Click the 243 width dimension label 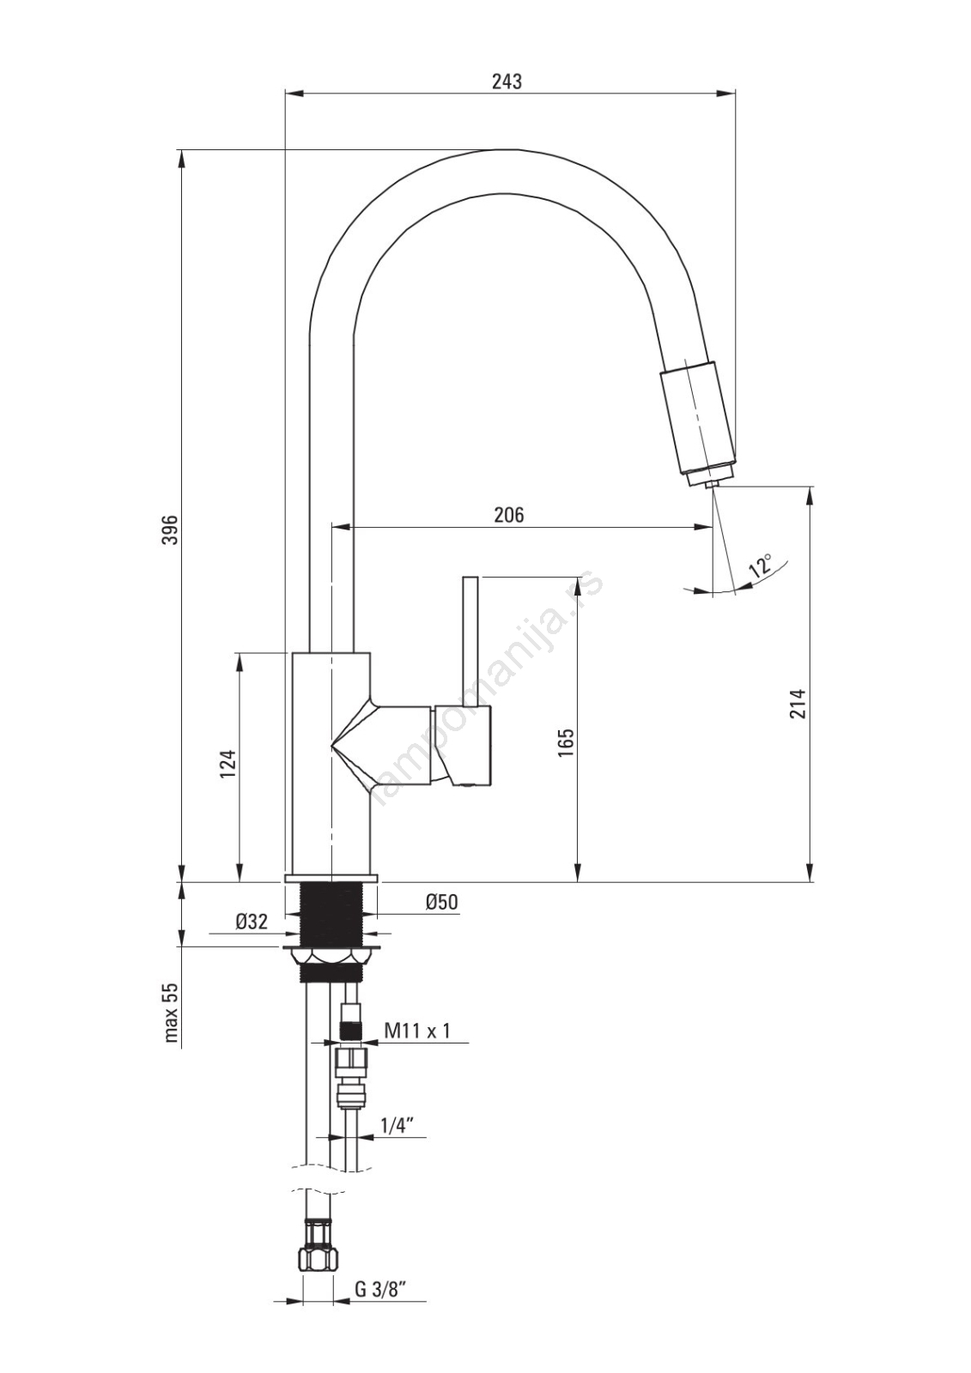tap(507, 82)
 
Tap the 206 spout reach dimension tap(510, 515)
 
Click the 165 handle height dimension tap(567, 742)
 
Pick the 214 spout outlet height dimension tap(797, 705)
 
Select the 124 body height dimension tap(228, 765)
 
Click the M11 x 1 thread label tap(417, 1031)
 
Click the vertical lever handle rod tap(470, 640)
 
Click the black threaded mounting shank tap(331, 914)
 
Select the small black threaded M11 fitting tap(351, 1031)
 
